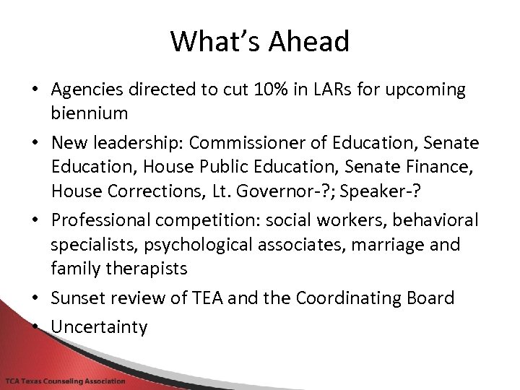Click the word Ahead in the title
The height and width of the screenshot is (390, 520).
click(309, 41)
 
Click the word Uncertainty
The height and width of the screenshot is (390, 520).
click(99, 327)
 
